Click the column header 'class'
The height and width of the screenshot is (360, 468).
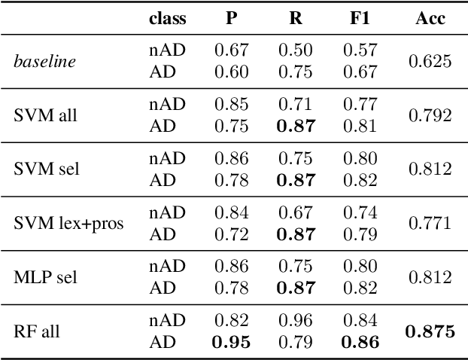coord(167,19)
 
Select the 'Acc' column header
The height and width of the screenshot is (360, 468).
coord(430,19)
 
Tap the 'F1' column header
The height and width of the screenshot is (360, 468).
coord(360,19)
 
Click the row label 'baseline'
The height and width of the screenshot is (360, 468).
coord(44,62)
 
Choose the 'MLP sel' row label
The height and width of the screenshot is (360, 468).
coord(44,276)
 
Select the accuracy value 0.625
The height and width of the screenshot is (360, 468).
coord(430,62)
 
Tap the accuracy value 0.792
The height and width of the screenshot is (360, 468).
coord(430,115)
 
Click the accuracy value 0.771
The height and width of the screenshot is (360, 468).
coord(430,223)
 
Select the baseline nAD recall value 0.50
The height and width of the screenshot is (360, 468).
coord(296,50)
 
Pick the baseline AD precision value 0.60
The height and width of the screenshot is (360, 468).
coord(232,72)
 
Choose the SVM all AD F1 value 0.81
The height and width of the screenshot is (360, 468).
coord(360,126)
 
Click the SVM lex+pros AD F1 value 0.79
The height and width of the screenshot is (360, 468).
coord(360,233)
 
